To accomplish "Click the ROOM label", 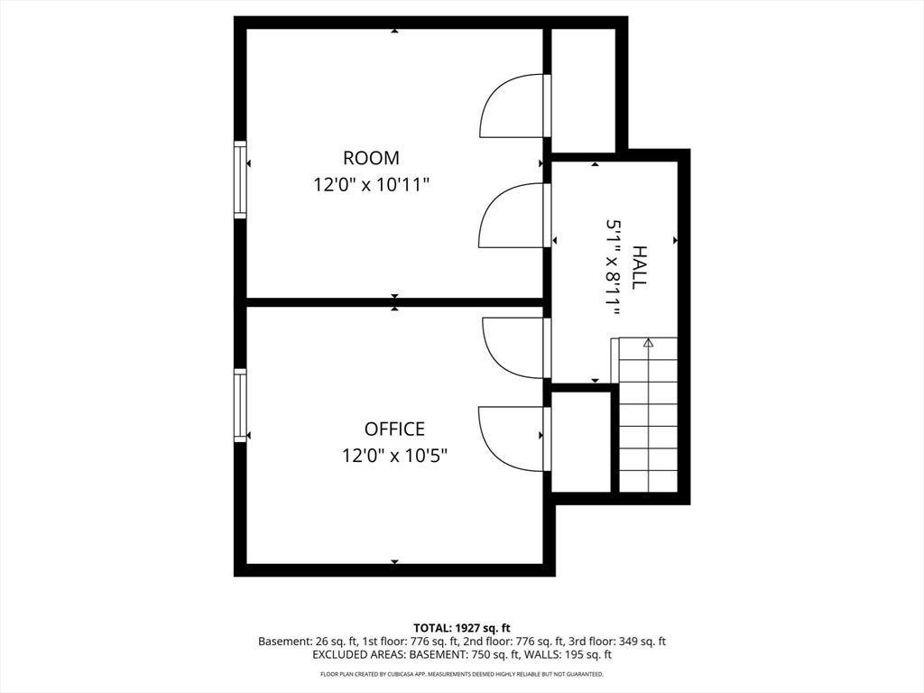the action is pos(371,158).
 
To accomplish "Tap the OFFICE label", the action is pos(394,429).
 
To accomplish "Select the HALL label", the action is pos(639,267).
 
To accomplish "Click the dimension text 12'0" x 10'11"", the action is pos(371,185).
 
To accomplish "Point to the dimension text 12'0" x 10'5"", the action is pos(395,456).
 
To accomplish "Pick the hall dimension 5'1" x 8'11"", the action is pos(613,267).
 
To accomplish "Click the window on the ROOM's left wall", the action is pos(240,180).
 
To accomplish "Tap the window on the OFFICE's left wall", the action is pos(240,405).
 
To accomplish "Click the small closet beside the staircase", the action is pos(580,441).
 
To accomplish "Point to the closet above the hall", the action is pos(584,90).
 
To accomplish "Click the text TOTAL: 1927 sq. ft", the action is pos(462,628).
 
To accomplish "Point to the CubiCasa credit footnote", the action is pos(462,673).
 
